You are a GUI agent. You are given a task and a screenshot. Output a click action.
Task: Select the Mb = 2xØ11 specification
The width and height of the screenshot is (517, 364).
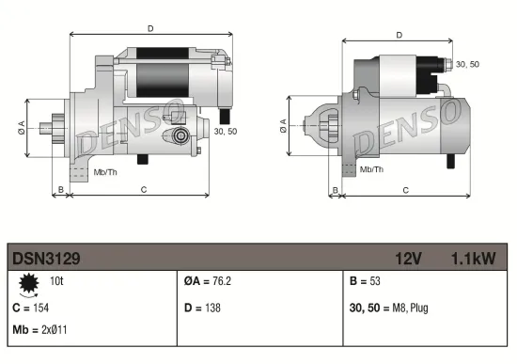point(39,330)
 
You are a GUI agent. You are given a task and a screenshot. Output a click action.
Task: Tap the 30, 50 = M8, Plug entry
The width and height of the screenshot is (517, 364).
point(389,307)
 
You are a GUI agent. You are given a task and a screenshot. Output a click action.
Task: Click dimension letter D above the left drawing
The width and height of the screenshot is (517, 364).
point(150,28)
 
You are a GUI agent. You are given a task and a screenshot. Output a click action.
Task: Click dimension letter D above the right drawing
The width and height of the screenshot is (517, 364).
point(399,35)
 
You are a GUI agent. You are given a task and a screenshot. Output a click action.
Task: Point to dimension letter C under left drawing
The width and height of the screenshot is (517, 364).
point(143,190)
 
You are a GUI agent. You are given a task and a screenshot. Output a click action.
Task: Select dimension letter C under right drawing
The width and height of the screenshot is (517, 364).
point(404,190)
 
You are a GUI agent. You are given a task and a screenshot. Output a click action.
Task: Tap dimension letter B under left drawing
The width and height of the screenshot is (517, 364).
point(60,190)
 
